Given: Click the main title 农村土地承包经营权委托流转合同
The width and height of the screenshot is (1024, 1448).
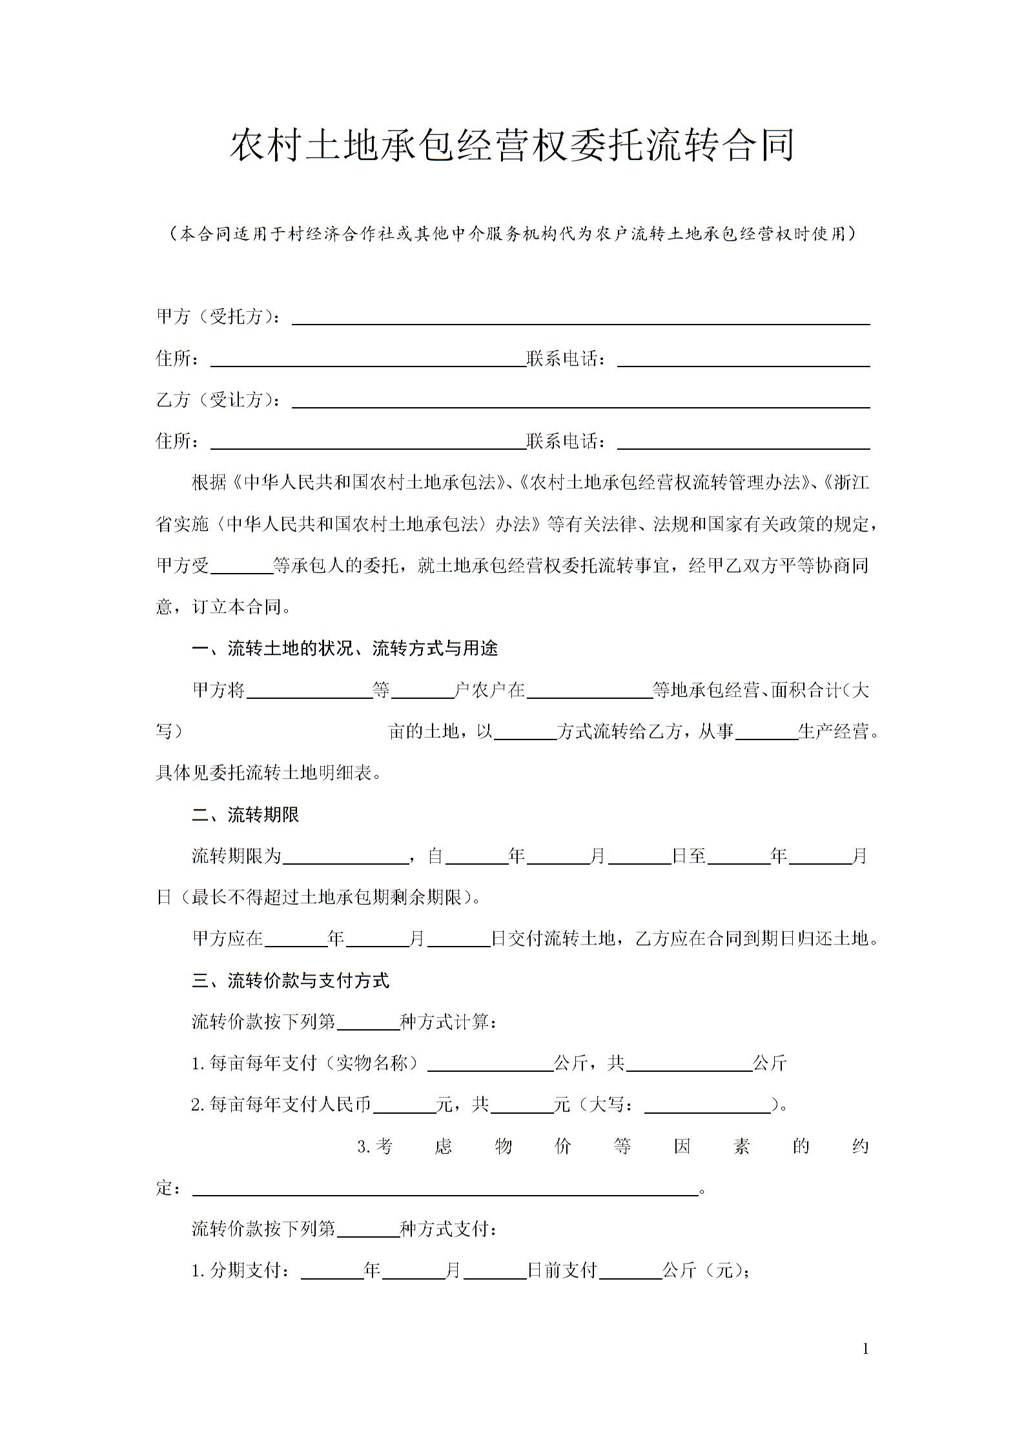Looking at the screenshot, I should pyautogui.click(x=512, y=146).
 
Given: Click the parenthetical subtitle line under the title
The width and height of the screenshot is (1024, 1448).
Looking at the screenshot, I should pyautogui.click(x=512, y=234).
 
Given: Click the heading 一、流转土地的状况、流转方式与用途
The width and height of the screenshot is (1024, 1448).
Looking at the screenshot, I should pyautogui.click(x=345, y=649).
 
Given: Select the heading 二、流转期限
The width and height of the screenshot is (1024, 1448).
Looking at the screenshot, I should pyautogui.click(x=245, y=815).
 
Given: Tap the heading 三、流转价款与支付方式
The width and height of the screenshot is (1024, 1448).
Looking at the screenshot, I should pyautogui.click(x=291, y=981).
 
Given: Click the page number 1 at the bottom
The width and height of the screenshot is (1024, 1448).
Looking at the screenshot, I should pyautogui.click(x=866, y=1349).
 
